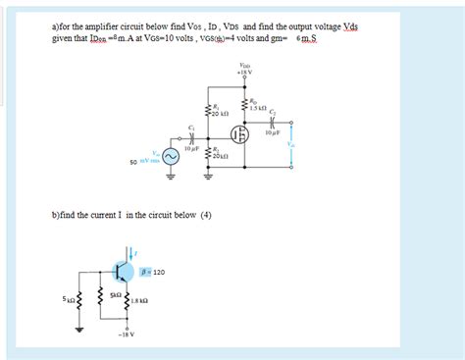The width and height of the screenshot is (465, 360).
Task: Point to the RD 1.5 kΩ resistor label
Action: [x=258, y=102]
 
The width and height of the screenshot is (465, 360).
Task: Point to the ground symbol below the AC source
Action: [x=169, y=178]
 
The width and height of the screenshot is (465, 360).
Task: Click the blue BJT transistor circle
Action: [x=123, y=271]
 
